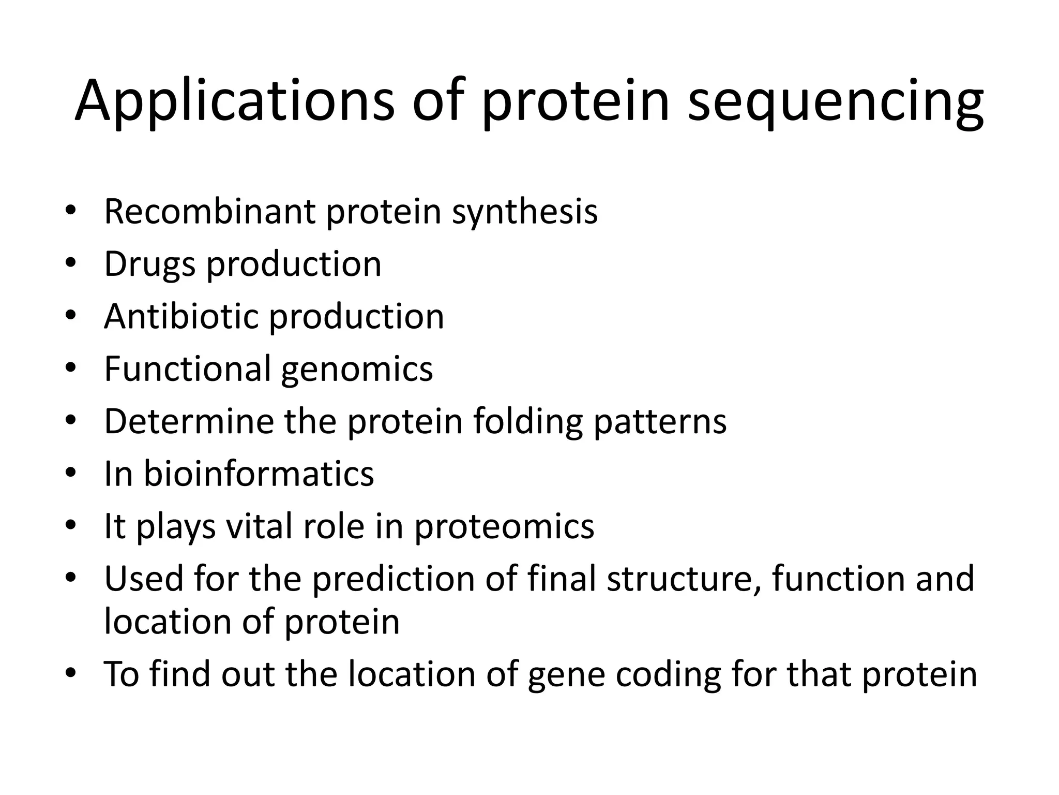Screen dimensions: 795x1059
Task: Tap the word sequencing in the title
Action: pos(835,101)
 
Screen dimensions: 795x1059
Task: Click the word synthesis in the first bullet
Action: pos(524,212)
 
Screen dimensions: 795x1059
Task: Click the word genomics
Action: pos(357,370)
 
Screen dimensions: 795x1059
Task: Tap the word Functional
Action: pos(187,369)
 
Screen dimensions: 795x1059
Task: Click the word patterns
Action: pos(660,422)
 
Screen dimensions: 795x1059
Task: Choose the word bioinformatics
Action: pos(259,474)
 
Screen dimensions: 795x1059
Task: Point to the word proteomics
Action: pos(504,527)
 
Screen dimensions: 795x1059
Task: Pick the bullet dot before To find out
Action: pos(71,673)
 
